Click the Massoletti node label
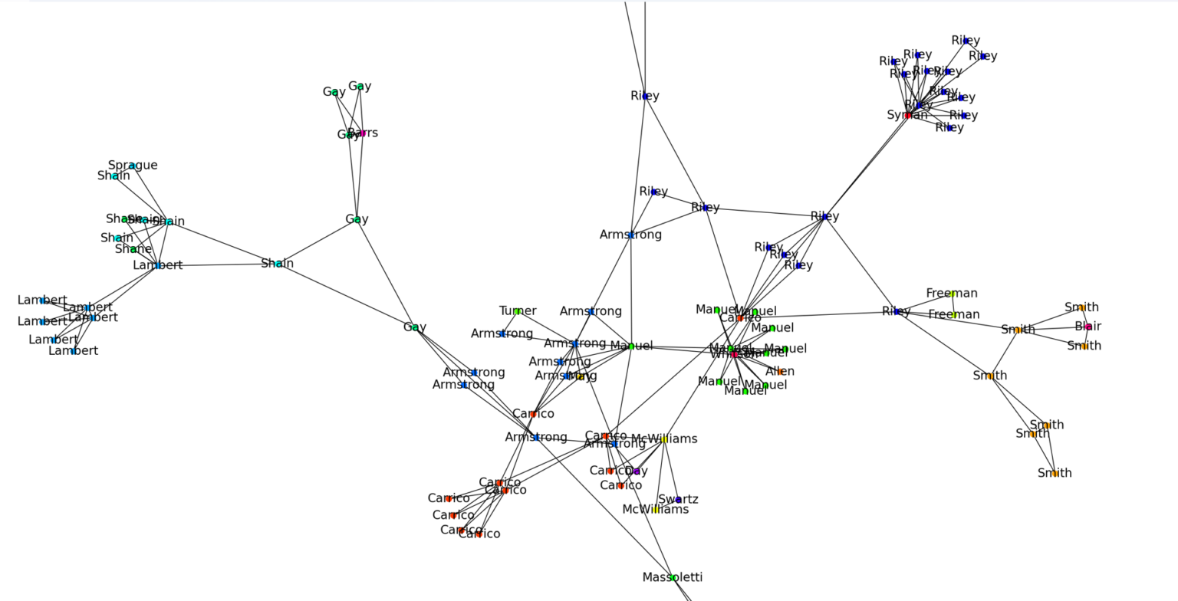673,577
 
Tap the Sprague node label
133,165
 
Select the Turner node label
518,310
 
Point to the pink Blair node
1088,327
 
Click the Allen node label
780,371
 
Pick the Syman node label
907,115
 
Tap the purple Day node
636,471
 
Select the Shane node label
133,249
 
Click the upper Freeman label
952,293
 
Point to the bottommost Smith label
1055,473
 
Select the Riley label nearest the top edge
966,40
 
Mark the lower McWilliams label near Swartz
655,509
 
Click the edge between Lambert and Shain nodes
218,264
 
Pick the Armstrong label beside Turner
502,333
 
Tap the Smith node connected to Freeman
1018,330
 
